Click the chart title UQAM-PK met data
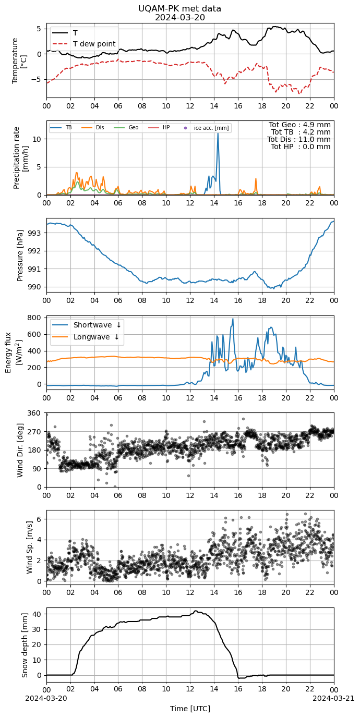click(179, 9)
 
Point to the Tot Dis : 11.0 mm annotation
click(299, 139)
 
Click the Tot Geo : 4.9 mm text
click(299, 125)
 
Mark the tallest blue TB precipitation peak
click(218, 133)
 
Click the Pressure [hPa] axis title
click(20, 255)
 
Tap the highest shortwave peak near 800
click(233, 319)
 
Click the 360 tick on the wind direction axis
click(34, 413)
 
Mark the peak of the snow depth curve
click(196, 611)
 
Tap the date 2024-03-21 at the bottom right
click(334, 698)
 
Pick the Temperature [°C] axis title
click(19, 61)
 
